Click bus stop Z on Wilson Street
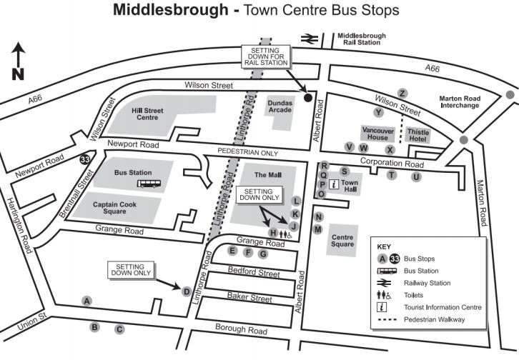(402, 94)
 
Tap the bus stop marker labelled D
(186, 291)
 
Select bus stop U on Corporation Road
(415, 176)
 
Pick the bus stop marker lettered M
(319, 229)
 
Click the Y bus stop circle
(379, 112)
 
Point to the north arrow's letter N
(19, 74)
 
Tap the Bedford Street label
(253, 272)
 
